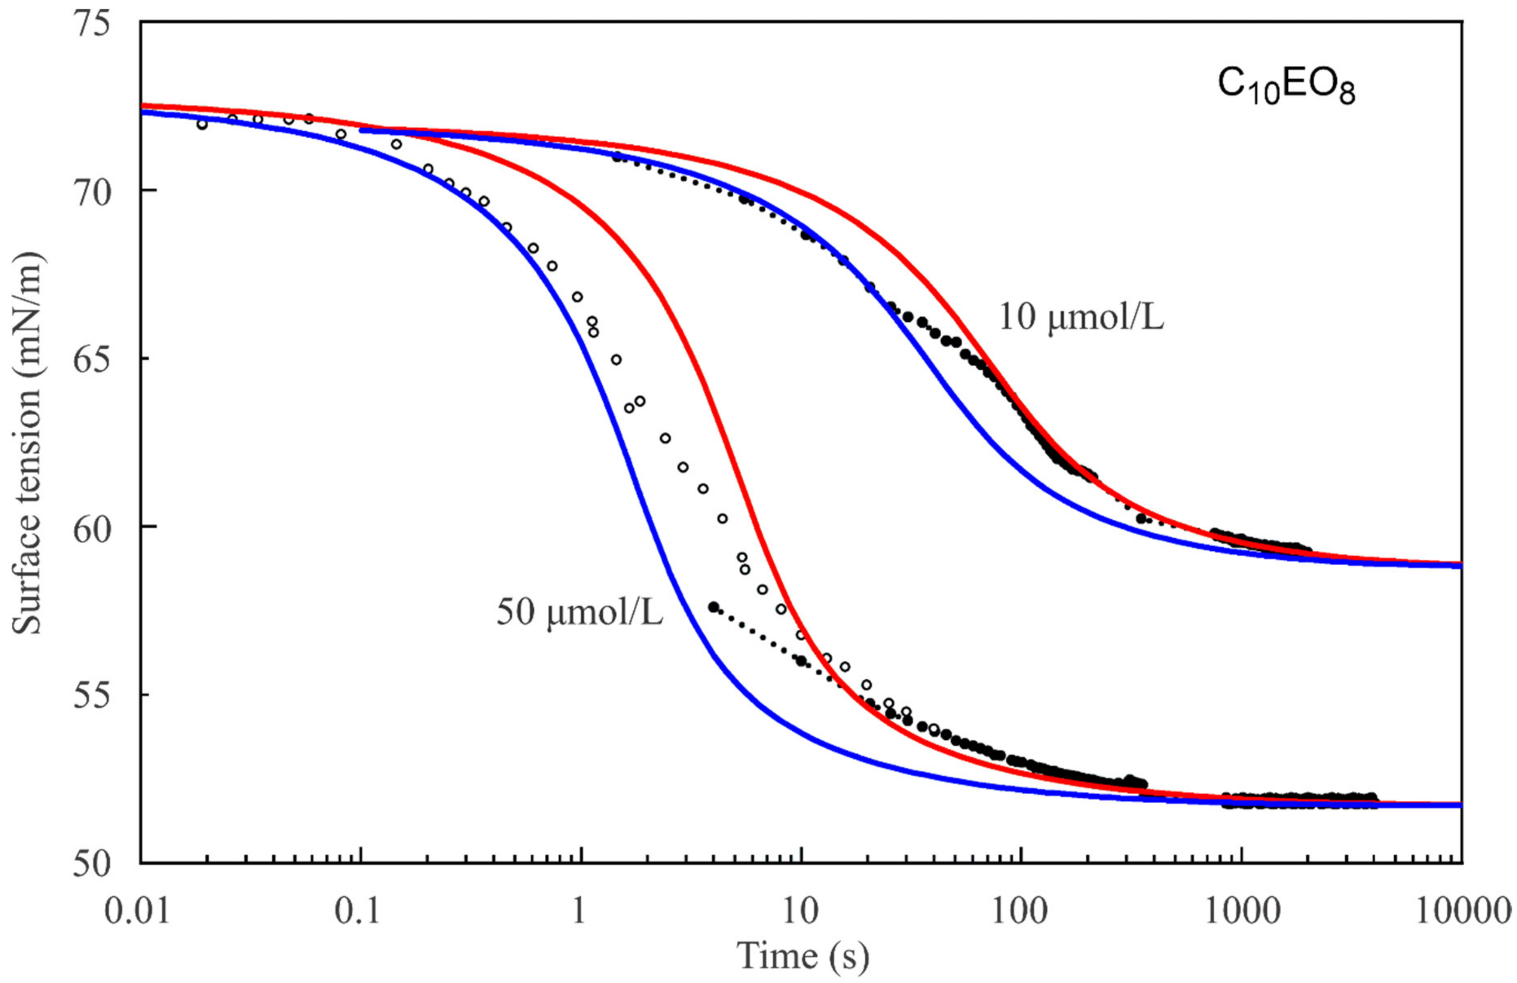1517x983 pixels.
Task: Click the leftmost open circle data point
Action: pyautogui.click(x=202, y=124)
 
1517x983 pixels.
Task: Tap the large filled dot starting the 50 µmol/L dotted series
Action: pyautogui.click(x=714, y=606)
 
